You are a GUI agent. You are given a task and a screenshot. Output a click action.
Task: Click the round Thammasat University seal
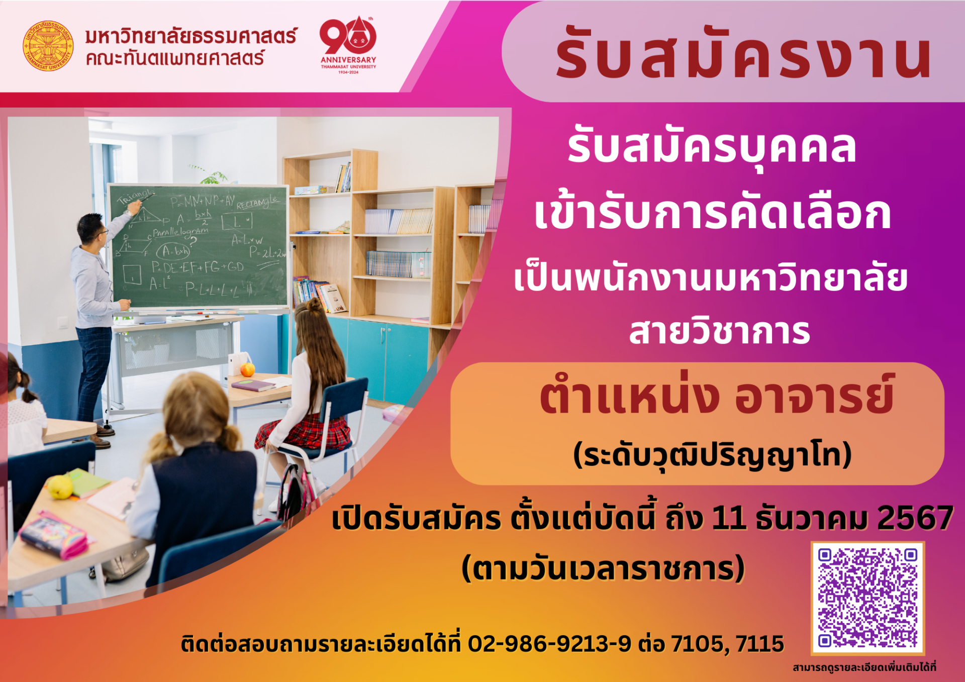click(48, 46)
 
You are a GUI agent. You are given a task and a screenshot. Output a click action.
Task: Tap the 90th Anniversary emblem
click(348, 45)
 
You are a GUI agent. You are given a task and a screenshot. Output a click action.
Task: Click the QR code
click(867, 598)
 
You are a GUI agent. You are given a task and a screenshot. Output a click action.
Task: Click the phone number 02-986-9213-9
click(549, 644)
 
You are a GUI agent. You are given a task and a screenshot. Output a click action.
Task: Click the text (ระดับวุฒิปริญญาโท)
click(713, 455)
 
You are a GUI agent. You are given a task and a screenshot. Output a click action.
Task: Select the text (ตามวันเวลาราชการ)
click(603, 568)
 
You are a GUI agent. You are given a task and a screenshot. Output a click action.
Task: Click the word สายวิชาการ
click(720, 332)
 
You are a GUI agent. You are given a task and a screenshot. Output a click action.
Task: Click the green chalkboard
click(199, 246)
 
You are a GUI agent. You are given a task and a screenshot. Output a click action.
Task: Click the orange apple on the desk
click(247, 370)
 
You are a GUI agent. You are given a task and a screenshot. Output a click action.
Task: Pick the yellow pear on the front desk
click(60, 487)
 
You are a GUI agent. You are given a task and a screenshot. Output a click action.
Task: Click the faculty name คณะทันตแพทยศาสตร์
click(174, 59)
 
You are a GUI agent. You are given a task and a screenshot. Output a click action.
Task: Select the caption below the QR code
click(864, 667)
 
